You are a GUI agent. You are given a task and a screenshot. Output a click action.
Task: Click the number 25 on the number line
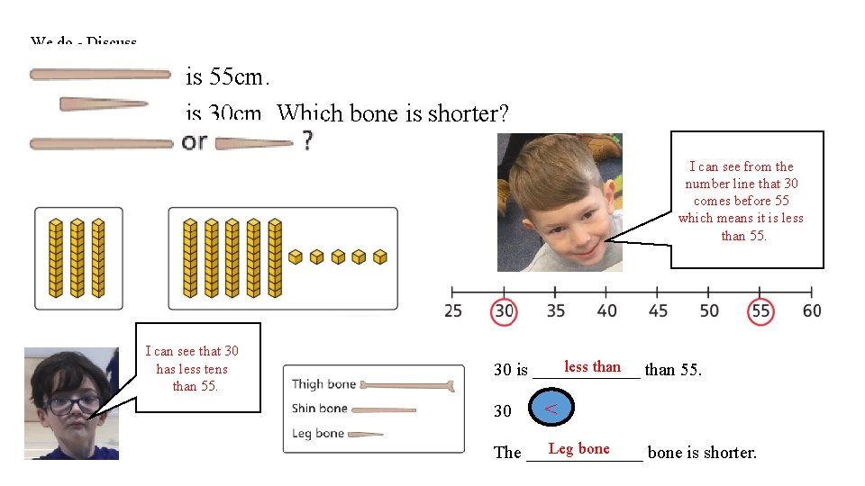pyautogui.click(x=453, y=311)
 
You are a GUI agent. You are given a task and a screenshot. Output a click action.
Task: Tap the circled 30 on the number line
pyautogui.click(x=504, y=311)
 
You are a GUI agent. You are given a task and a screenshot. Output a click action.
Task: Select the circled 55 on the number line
pyautogui.click(x=761, y=311)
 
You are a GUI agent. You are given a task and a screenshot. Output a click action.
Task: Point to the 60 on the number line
pyautogui.click(x=812, y=311)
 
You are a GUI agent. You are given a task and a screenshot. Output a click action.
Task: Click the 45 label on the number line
pyautogui.click(x=659, y=311)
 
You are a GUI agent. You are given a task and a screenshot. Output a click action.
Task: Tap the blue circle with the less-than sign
pyautogui.click(x=551, y=409)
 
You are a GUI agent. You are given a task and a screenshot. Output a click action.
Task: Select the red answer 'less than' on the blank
pyautogui.click(x=592, y=366)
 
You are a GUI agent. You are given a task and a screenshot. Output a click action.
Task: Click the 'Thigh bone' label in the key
pyautogui.click(x=323, y=384)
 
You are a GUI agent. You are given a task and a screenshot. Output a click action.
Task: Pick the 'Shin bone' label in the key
pyautogui.click(x=320, y=409)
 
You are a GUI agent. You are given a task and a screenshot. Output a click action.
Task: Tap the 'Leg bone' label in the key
pyautogui.click(x=318, y=433)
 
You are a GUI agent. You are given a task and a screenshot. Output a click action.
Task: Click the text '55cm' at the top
pyautogui.click(x=236, y=77)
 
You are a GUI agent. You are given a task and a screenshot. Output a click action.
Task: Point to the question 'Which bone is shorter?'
pyautogui.click(x=393, y=114)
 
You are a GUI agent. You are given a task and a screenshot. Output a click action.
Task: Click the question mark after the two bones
pyautogui.click(x=307, y=141)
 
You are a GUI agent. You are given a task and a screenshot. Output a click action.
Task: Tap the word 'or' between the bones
pyautogui.click(x=195, y=142)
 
